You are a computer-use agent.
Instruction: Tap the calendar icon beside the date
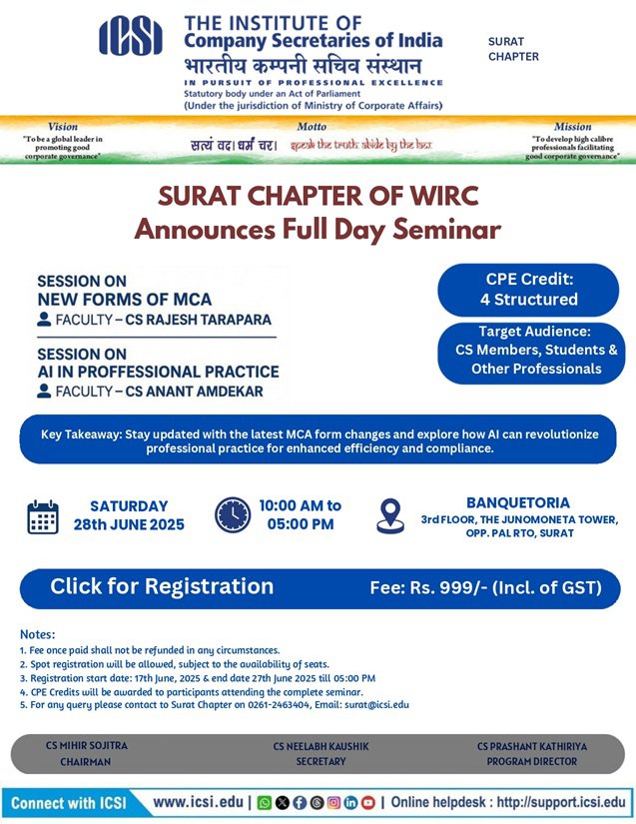(x=43, y=516)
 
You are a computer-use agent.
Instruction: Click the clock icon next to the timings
(x=233, y=515)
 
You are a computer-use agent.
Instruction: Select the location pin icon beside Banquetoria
(x=389, y=515)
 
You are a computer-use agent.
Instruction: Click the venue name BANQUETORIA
(x=518, y=502)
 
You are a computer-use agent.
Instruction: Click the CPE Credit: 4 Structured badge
(x=529, y=289)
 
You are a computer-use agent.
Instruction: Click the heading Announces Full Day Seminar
(x=318, y=230)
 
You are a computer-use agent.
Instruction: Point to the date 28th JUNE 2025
(x=129, y=524)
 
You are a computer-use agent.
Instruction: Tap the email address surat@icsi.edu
(x=377, y=704)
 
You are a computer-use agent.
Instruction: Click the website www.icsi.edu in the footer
(x=199, y=802)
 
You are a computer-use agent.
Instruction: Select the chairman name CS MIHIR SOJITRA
(x=87, y=745)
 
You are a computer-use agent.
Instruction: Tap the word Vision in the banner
(x=63, y=127)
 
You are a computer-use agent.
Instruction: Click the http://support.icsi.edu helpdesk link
(x=561, y=802)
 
